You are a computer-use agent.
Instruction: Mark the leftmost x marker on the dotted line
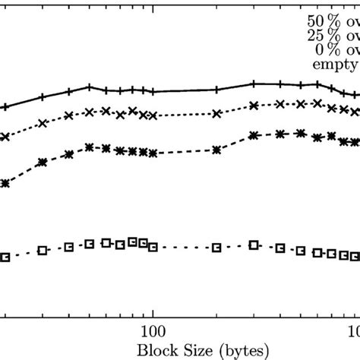coord(5,137)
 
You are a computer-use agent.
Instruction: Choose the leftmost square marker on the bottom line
coord(5,257)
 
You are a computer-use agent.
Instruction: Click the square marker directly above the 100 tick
coord(153,246)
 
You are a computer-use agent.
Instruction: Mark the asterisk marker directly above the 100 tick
coord(153,153)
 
